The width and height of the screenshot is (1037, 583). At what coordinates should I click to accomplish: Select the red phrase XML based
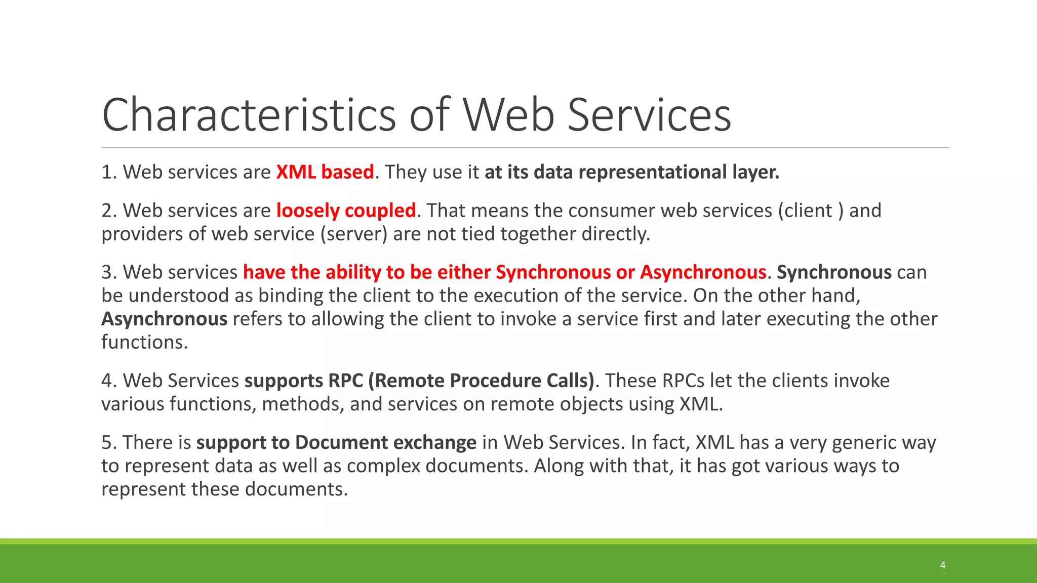click(325, 172)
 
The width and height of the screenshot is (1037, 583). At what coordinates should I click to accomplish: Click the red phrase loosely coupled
click(346, 211)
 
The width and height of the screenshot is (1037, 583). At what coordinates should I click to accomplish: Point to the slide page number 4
click(942, 565)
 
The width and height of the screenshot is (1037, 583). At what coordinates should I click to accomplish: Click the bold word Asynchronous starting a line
click(164, 319)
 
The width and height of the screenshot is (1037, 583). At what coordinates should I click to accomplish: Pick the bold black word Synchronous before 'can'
click(833, 272)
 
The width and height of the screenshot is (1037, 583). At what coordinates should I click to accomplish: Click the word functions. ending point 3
click(144, 342)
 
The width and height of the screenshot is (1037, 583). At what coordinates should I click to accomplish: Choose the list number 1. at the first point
click(109, 172)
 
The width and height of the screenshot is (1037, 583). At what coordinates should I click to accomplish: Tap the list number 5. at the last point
click(109, 442)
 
